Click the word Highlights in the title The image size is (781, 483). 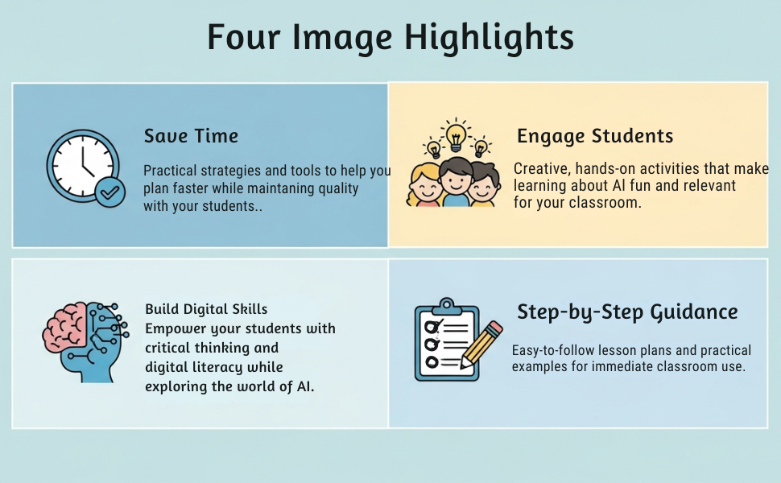click(489, 38)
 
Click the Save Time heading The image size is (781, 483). click(191, 135)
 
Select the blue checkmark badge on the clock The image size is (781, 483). click(110, 192)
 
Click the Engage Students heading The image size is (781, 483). click(595, 135)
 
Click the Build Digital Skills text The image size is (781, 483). click(206, 309)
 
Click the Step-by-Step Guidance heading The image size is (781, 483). click(627, 312)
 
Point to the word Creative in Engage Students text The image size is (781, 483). click(541, 169)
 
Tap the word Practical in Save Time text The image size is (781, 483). click(171, 171)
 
